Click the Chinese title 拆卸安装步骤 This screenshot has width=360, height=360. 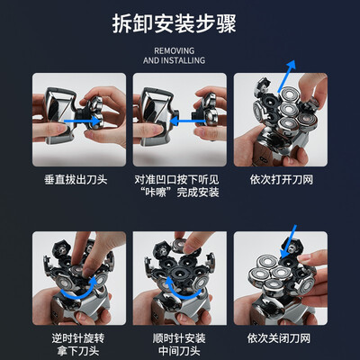pos(175,23)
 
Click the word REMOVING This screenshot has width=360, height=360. pos(175,50)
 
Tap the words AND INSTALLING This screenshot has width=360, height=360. pos(175,60)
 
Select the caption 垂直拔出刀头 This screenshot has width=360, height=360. pos(76,180)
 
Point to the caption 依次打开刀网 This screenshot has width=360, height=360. pos(282,180)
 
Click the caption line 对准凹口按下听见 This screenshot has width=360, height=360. pos(176,180)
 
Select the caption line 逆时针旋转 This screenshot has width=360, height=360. pos(78,338)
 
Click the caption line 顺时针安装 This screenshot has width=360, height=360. pos(179,338)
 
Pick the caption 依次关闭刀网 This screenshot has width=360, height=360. pos(279,338)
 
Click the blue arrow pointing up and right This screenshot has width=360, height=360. pos(287,76)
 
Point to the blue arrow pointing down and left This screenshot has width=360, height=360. pos(289,241)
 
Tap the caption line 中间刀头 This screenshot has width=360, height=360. pos(179,350)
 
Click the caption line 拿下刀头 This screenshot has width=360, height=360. pos(78,350)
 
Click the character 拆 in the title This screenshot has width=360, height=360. pos(122,23)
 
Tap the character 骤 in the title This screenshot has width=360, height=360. pos(226,23)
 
